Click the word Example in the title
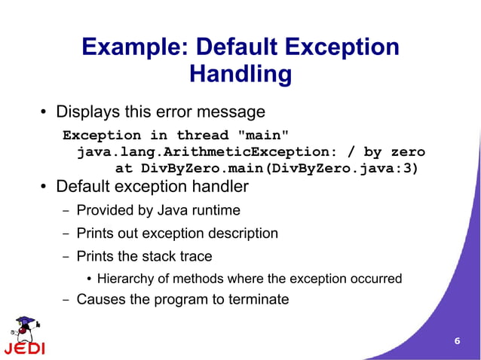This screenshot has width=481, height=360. [x=133, y=47]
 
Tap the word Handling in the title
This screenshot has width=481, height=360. [x=240, y=75]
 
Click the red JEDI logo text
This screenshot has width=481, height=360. [x=24, y=349]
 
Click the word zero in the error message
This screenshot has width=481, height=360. [x=406, y=152]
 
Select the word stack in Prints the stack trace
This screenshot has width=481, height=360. [x=158, y=256]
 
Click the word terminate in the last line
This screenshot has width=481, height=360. [x=259, y=299]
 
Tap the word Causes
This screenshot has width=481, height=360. [x=100, y=299]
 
